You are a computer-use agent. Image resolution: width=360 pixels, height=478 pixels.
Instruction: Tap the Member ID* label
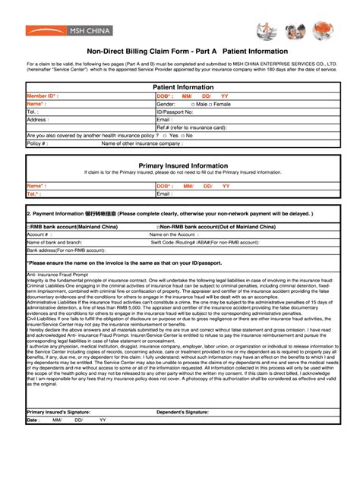click(43, 96)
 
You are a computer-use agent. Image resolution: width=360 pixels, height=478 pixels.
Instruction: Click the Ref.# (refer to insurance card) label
click(194, 127)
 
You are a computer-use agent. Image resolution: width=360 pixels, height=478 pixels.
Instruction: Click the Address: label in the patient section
click(38, 120)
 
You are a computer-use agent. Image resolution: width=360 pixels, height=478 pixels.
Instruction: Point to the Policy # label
click(38, 143)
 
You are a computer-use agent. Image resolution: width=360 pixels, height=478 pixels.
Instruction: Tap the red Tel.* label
click(34, 193)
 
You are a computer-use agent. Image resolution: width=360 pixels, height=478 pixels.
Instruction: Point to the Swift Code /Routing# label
click(197, 241)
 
